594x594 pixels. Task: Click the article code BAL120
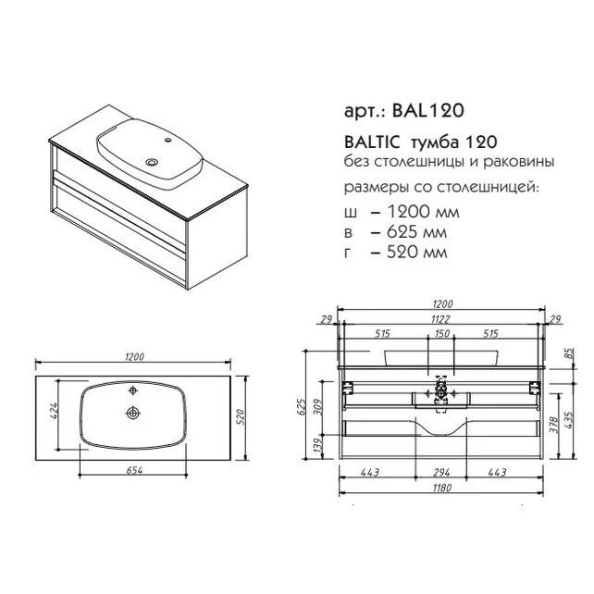click(x=428, y=111)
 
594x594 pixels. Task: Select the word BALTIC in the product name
click(x=372, y=142)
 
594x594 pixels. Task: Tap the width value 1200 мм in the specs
click(x=423, y=211)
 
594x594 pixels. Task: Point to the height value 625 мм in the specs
click(x=416, y=232)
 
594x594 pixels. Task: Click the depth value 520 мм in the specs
click(x=416, y=253)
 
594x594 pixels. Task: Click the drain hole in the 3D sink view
click(x=153, y=162)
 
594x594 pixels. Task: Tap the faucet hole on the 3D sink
click(x=167, y=141)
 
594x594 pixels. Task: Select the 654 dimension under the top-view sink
click(x=134, y=470)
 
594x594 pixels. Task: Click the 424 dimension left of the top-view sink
click(x=54, y=412)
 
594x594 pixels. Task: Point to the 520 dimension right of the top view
click(x=241, y=416)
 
